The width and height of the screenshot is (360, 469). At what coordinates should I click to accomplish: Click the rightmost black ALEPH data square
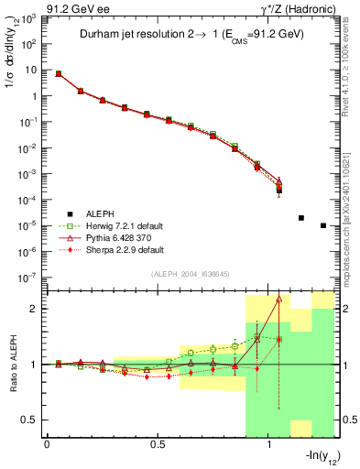[323, 225]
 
